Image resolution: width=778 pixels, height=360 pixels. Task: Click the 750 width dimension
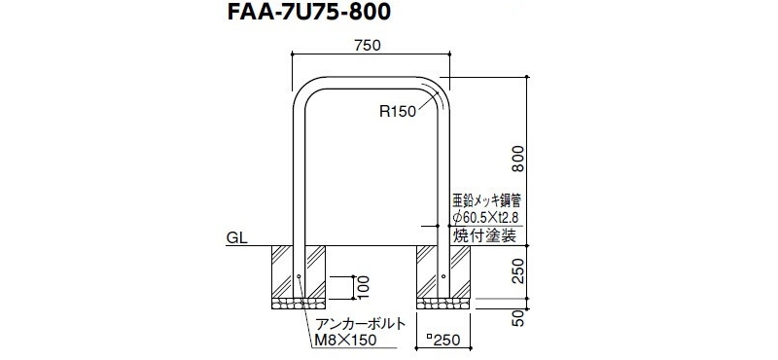click(x=368, y=45)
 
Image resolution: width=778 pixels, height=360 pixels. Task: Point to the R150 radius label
click(x=398, y=112)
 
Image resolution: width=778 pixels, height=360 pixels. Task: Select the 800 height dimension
click(x=518, y=159)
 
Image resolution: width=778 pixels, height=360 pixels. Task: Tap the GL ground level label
click(x=237, y=238)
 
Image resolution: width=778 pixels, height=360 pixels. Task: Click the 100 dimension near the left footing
click(x=364, y=288)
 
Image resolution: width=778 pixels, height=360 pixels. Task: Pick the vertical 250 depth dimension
click(x=518, y=270)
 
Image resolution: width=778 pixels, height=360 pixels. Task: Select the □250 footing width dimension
click(x=443, y=341)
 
